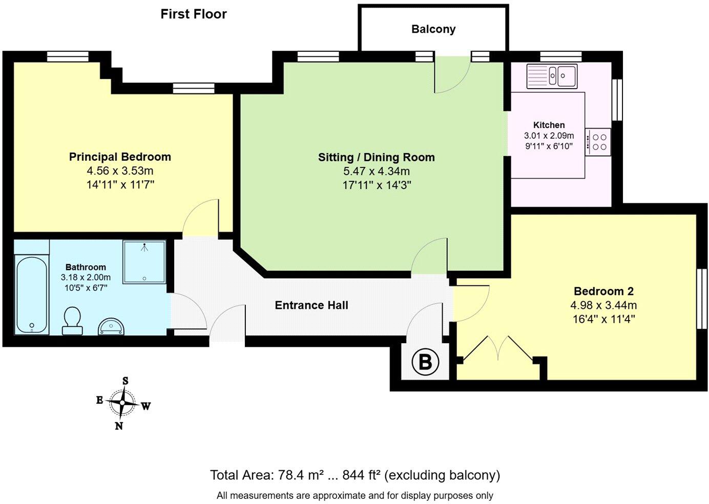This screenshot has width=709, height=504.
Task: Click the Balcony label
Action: click(433, 29)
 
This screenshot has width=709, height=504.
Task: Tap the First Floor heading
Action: click(194, 14)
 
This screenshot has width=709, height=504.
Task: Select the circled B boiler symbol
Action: click(425, 362)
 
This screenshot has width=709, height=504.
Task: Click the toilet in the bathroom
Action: click(72, 321)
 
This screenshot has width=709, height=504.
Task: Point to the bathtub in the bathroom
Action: click(32, 295)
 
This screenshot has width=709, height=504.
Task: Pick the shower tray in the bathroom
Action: click(144, 262)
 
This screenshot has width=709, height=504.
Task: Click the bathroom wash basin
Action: click(111, 326)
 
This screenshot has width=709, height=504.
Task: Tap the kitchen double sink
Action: click(552, 76)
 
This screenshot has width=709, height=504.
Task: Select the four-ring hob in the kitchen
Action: click(598, 142)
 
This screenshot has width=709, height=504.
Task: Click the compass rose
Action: click(122, 403)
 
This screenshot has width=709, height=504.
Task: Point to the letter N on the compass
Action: click(119, 426)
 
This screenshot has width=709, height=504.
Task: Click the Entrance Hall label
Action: click(311, 305)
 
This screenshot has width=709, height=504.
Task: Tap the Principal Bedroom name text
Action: click(120, 157)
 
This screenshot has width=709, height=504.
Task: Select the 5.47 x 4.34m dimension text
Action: click(377, 171)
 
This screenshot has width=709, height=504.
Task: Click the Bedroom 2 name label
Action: click(603, 291)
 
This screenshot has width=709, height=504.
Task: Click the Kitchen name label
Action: click(549, 125)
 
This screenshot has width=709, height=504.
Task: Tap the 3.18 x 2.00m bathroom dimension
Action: click(86, 278)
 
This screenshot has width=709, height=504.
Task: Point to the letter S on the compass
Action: click(126, 381)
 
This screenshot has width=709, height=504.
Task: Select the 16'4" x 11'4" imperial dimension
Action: click(603, 319)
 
